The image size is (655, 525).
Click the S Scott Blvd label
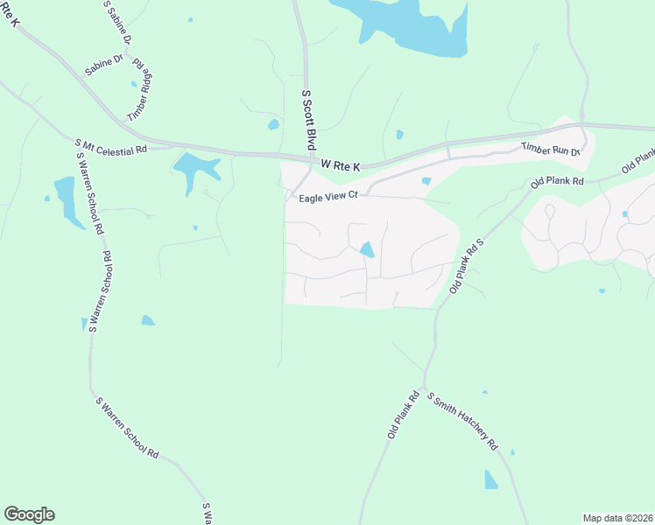[x=308, y=119]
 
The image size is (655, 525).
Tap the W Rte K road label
[x=341, y=164]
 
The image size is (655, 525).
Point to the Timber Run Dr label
[x=551, y=150]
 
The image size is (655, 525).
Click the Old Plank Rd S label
[x=467, y=265]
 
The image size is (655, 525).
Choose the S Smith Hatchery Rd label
[x=462, y=421]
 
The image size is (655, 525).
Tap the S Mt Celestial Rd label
[x=110, y=144]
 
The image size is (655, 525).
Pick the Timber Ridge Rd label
[x=140, y=90]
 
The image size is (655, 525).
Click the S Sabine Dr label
[x=116, y=22]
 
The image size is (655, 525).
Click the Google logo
[x=29, y=514]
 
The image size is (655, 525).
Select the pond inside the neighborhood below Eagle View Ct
[x=367, y=250]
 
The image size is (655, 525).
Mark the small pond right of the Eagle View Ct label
[x=426, y=181]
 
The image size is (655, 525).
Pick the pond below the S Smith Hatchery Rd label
[x=490, y=479]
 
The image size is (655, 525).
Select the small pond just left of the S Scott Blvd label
[x=273, y=125]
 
